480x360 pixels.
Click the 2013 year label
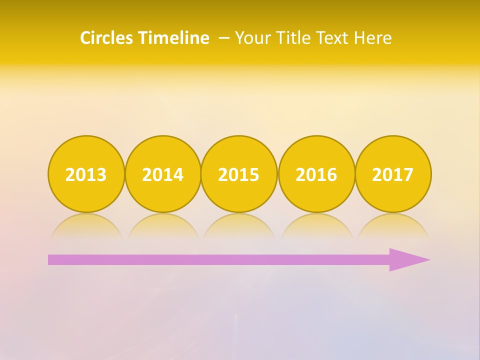pyautogui.click(x=86, y=174)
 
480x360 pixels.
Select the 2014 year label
pyautogui.click(x=162, y=174)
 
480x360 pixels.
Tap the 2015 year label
pyautogui.click(x=239, y=174)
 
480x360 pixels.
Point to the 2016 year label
pyautogui.click(x=316, y=174)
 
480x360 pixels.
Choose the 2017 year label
pyautogui.click(x=393, y=174)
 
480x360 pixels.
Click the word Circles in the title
pyautogui.click(x=107, y=38)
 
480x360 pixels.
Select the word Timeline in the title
pyautogui.click(x=174, y=38)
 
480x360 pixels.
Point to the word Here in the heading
pyautogui.click(x=373, y=38)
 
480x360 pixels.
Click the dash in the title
pyautogui.click(x=224, y=38)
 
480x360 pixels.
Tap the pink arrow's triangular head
pyautogui.click(x=407, y=259)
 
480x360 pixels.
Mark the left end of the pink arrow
pyautogui.click(x=50, y=259)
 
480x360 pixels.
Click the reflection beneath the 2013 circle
pyautogui.click(x=86, y=225)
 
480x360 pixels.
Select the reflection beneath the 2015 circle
pyautogui.click(x=239, y=225)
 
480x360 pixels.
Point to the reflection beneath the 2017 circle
pyautogui.click(x=393, y=225)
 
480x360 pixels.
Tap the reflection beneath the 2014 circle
pyautogui.click(x=162, y=225)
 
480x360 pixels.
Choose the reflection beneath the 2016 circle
pyautogui.click(x=316, y=225)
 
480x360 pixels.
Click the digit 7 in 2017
pyautogui.click(x=408, y=174)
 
